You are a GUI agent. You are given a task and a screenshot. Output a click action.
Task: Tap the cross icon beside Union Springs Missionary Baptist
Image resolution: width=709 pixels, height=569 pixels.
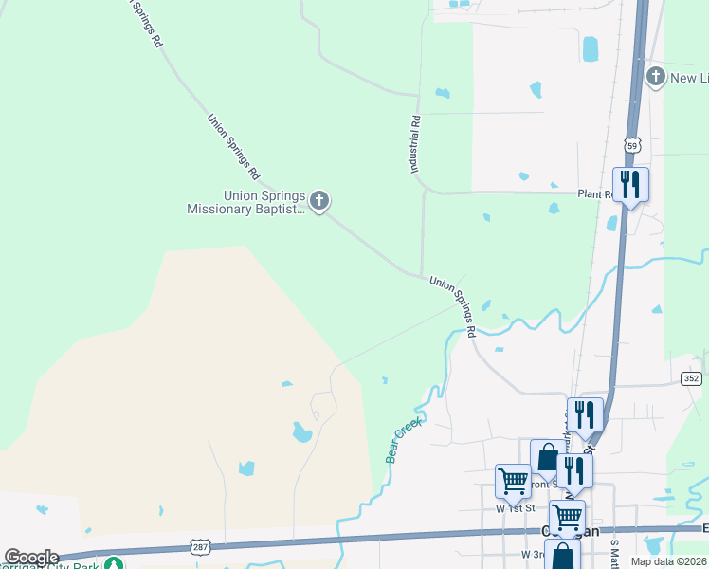tap(320, 200)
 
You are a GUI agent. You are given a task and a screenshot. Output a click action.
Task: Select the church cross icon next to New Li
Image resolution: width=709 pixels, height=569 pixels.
tap(655, 76)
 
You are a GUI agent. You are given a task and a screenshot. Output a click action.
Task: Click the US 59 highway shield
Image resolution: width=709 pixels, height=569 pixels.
tap(633, 144)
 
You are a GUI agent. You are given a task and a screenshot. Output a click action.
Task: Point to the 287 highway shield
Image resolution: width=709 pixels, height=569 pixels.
tap(200, 547)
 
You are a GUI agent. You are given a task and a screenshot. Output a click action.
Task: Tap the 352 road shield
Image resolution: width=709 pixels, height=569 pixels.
tap(691, 378)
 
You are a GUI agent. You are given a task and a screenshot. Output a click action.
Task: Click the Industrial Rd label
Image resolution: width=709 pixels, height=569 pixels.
tap(415, 144)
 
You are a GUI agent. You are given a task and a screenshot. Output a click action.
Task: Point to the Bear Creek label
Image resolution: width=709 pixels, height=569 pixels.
tap(403, 442)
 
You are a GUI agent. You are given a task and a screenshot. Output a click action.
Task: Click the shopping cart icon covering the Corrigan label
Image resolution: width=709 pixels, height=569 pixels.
tap(567, 517)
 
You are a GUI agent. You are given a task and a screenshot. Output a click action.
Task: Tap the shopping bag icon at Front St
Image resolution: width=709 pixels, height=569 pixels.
tap(547, 457)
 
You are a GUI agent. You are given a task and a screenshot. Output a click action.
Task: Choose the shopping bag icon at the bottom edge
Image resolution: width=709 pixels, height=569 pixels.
tap(562, 555)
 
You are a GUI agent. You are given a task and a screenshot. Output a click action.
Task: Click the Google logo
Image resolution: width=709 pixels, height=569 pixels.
tap(31, 558)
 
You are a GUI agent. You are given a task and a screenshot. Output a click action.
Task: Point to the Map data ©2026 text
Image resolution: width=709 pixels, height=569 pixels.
tap(669, 561)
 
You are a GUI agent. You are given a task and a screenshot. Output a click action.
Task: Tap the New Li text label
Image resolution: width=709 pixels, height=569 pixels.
tap(689, 77)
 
